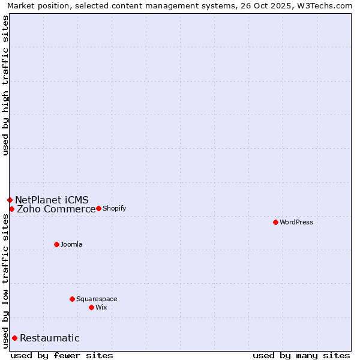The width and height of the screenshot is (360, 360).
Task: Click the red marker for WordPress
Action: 275,222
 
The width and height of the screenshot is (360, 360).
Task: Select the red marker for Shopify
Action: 98,208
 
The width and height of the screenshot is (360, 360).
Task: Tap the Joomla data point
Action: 56,244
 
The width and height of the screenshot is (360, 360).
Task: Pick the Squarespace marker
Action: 72,299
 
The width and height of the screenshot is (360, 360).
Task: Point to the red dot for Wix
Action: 91,307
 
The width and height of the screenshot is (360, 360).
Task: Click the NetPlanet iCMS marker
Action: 10,200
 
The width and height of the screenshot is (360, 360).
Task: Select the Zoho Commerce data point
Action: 11,209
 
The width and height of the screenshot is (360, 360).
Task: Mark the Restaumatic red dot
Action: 14,338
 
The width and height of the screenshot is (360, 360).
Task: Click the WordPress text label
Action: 296,222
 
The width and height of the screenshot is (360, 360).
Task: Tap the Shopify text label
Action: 114,208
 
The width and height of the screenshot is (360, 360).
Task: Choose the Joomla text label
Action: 71,244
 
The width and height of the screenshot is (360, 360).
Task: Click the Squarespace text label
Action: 97,299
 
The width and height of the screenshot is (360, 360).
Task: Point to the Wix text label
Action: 101,307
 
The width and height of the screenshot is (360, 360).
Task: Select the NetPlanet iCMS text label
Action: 52,200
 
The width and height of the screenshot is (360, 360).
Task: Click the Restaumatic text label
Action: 49,338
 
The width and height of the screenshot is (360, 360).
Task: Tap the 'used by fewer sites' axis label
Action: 62,355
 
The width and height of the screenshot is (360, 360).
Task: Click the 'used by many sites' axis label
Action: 301,355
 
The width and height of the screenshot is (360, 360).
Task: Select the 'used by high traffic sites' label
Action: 5,85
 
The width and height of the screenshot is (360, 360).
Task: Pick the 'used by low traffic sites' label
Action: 5,281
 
